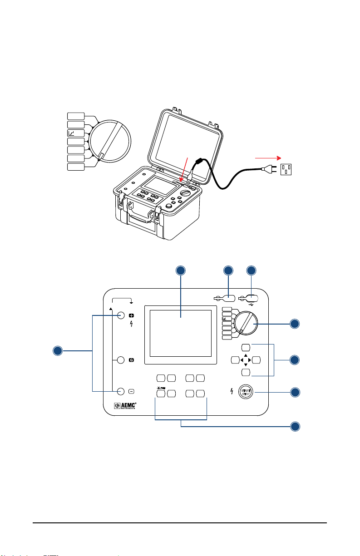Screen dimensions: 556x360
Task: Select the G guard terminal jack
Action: click(121, 360)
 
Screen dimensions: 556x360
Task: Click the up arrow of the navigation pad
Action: click(246, 355)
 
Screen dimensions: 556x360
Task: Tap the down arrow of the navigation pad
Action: click(246, 365)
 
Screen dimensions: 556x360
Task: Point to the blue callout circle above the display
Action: click(181, 271)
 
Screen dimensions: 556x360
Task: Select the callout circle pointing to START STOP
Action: click(295, 393)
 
